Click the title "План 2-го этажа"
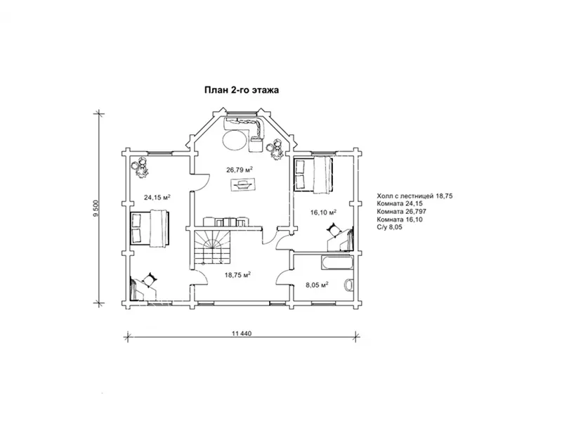242,90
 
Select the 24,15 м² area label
157,197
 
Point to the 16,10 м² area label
323,212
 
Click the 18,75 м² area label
237,275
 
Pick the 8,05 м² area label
318,285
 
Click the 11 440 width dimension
242,333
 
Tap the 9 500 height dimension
96,208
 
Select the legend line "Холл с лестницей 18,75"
414,196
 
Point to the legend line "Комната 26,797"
401,212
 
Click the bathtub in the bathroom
337,262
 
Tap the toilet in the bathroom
348,286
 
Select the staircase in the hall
212,248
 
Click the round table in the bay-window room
235,140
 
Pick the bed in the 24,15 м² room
150,228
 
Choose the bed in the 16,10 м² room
313,174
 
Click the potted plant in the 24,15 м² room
140,167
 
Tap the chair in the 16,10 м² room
334,230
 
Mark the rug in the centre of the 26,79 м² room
242,186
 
